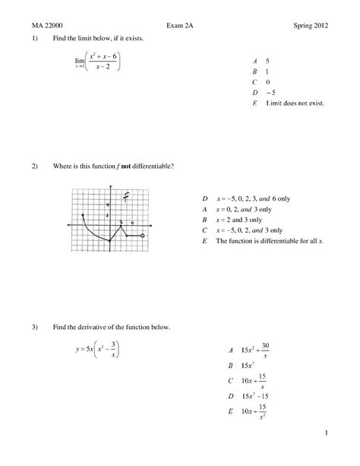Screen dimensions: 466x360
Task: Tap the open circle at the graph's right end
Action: (144, 236)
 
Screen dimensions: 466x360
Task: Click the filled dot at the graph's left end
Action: (83, 216)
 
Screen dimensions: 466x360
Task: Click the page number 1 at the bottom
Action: (324, 434)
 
